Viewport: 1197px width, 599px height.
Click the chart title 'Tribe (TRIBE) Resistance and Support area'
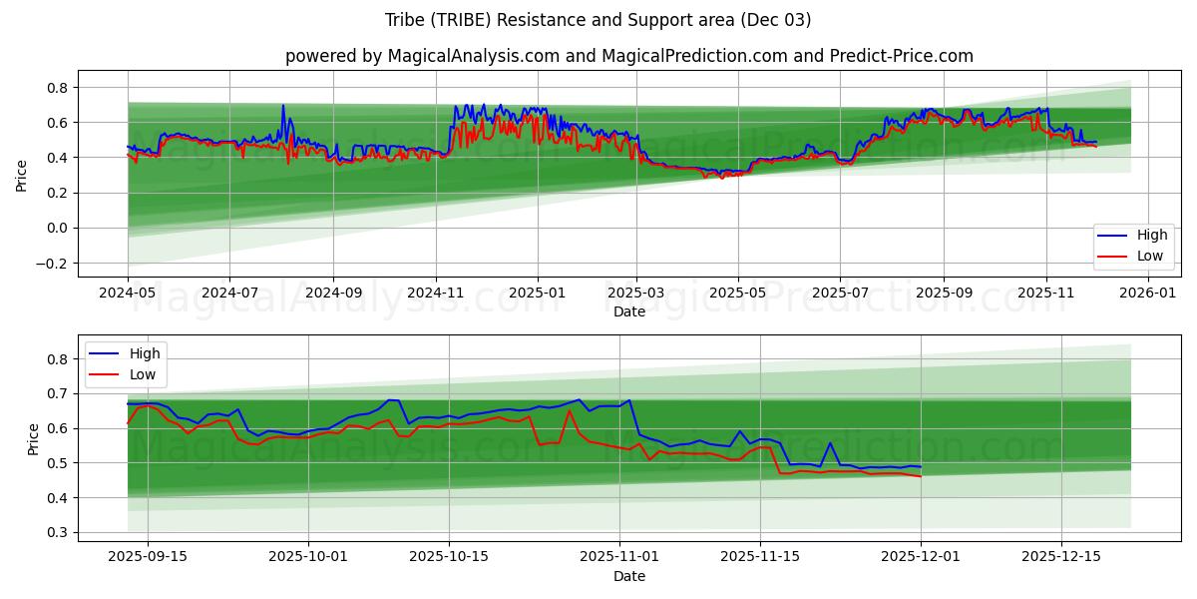[x=598, y=20]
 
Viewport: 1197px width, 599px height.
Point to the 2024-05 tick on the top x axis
[x=128, y=294]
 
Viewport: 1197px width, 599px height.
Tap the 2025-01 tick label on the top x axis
[x=538, y=294]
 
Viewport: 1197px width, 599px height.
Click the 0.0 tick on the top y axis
[x=57, y=229]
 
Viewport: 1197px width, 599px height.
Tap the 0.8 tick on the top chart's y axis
[x=57, y=88]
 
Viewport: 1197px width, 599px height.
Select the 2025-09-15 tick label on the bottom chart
[x=149, y=557]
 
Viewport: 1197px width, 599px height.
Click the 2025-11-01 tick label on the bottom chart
[x=619, y=557]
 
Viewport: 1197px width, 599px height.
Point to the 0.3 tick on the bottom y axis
[x=57, y=533]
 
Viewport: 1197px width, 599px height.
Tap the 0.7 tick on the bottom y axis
[x=57, y=394]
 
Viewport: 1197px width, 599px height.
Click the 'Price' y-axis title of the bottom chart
[x=34, y=439]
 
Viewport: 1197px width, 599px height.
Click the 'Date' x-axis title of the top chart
[x=628, y=311]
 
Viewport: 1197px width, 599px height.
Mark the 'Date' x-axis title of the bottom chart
[x=628, y=576]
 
